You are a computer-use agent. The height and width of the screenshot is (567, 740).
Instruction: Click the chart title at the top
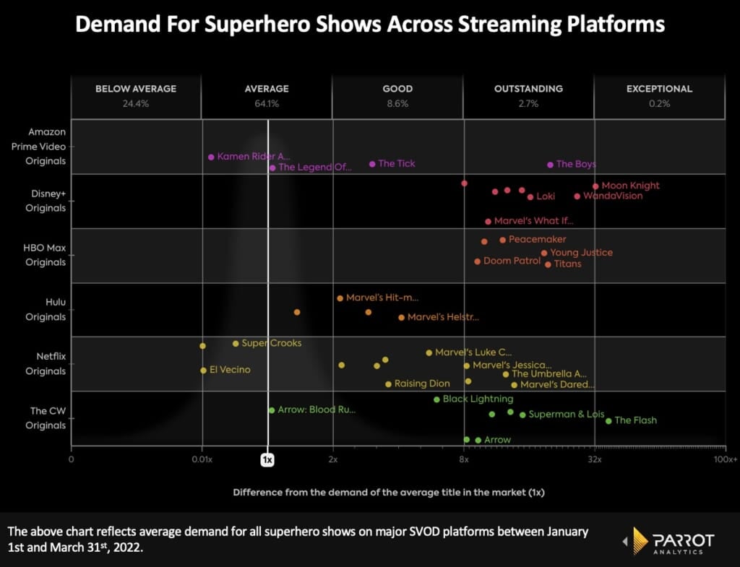tap(370, 24)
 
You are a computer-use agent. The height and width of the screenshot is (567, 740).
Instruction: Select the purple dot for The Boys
tap(550, 165)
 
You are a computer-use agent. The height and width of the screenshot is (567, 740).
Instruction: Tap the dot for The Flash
tap(608, 421)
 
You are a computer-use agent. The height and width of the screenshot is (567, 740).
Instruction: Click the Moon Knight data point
tap(595, 186)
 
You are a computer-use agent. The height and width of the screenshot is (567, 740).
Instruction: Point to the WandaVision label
tap(612, 196)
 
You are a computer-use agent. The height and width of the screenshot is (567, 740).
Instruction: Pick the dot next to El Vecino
tap(203, 371)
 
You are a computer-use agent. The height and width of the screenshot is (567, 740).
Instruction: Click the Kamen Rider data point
tap(211, 157)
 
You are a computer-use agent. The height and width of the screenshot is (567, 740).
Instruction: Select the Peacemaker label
tap(537, 239)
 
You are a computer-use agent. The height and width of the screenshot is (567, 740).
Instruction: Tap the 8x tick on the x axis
tap(464, 459)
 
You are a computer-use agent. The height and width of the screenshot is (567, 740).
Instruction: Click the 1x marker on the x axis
tap(267, 459)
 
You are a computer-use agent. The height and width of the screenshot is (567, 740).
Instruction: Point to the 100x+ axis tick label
tap(724, 459)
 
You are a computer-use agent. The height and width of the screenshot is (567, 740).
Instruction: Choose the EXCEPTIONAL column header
tap(659, 89)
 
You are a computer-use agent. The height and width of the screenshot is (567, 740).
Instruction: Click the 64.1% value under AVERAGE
tap(267, 103)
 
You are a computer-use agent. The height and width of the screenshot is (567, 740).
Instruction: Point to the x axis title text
tap(388, 492)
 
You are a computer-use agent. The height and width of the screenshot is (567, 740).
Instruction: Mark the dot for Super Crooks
tap(236, 343)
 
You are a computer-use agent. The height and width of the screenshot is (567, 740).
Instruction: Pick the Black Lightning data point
tap(436, 399)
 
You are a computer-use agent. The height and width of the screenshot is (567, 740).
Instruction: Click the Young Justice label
tap(581, 253)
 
